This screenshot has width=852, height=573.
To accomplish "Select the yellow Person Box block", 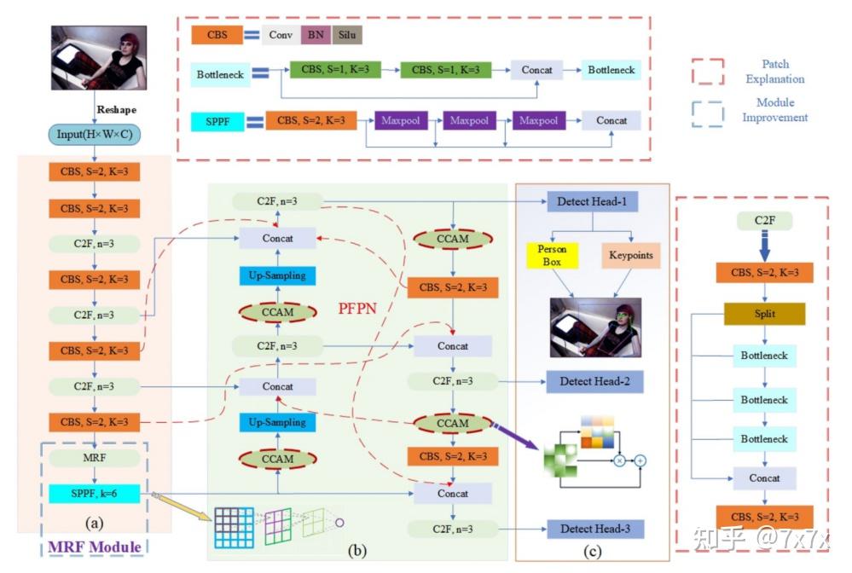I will pos(552,255).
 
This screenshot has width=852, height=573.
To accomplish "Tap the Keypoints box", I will pos(630,255).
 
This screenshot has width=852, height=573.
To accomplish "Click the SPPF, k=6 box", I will pos(94,493).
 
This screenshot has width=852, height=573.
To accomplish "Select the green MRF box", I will pos(94,459).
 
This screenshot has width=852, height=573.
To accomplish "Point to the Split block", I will pos(764,314).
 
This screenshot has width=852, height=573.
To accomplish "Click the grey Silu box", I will pos(347,35).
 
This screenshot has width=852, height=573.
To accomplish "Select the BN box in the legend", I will pos(315,35).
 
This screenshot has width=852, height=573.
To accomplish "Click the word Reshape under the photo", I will pos(116,110).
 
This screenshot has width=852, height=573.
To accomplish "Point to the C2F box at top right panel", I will pos(764,222).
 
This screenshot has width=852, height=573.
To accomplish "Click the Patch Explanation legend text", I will pos(774,72).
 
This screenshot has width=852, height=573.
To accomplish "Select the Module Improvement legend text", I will pos(774,111).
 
